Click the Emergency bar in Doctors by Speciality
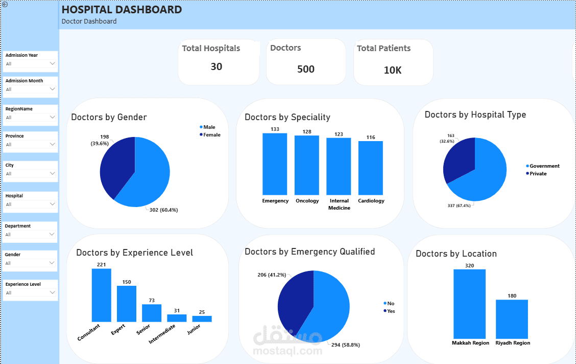(275, 164)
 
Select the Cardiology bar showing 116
(371, 168)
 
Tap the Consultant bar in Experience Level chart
(102, 295)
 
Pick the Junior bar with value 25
(202, 319)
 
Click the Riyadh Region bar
(512, 319)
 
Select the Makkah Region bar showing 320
(469, 304)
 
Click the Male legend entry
(207, 127)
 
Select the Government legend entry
(543, 166)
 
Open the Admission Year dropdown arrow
(52, 63)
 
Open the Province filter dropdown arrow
(52, 144)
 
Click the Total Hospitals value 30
(217, 66)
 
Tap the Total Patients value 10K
(393, 70)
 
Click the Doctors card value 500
(306, 69)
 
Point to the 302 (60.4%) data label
(163, 210)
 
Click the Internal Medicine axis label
(339, 204)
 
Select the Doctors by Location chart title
(456, 254)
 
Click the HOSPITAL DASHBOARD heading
(122, 10)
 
